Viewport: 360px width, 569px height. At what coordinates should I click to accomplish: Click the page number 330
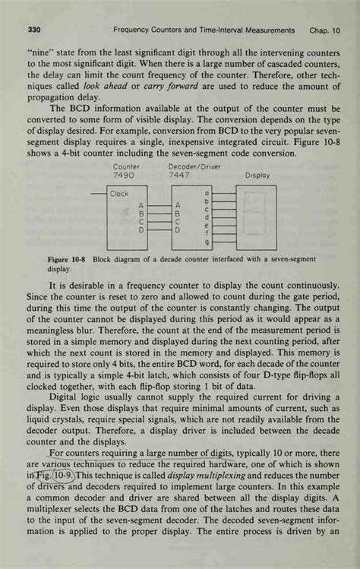33,30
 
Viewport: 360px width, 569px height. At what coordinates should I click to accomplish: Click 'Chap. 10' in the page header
324,30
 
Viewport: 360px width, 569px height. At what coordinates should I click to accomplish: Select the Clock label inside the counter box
120,194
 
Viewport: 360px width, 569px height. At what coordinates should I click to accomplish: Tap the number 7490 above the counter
124,175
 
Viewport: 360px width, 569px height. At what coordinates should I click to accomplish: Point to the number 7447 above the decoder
181,175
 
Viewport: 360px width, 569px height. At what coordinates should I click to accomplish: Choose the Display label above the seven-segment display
257,175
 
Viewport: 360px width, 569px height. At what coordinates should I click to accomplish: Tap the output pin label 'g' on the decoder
207,243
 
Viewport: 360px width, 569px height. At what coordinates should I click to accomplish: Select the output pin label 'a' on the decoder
207,193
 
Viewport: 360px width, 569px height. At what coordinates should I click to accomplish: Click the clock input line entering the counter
99,194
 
